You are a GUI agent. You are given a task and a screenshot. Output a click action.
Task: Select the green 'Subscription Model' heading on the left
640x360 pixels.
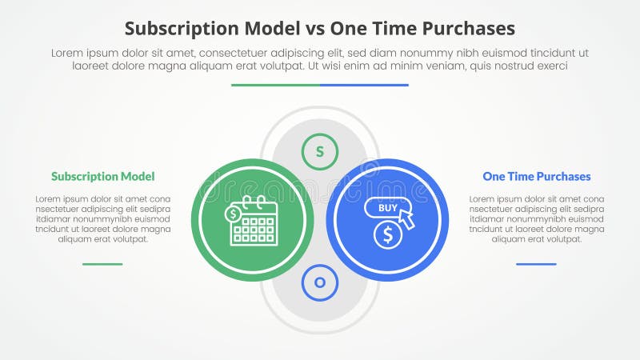[x=102, y=176]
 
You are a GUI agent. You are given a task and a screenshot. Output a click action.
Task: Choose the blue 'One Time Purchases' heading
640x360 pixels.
[x=536, y=176]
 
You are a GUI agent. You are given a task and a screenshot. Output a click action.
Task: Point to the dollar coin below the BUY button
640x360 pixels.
[x=388, y=234]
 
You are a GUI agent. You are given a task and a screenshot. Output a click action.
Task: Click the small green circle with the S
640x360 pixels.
[x=320, y=151]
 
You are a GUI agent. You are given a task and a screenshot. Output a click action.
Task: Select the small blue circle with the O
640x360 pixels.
[x=320, y=282]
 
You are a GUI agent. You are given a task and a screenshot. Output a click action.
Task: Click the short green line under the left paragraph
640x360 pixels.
[x=102, y=263]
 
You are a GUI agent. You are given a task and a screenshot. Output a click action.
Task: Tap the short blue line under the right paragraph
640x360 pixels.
[x=536, y=263]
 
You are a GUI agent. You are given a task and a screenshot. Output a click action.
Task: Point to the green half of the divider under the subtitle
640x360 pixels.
[x=275, y=85]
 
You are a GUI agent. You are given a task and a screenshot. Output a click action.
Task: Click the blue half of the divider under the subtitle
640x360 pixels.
[x=364, y=85]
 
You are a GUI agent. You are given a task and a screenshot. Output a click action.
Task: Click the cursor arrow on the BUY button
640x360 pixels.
[x=407, y=218]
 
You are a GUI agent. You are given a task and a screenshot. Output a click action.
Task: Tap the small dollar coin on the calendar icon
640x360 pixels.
[x=234, y=214]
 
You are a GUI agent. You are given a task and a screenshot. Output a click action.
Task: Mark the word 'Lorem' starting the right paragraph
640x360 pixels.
[x=483, y=198]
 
